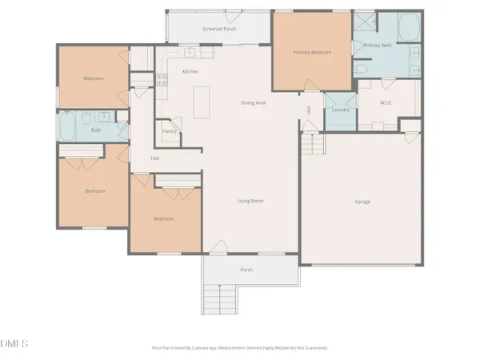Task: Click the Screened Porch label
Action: [x=218, y=28]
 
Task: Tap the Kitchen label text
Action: [x=190, y=72]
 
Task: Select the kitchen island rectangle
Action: [x=200, y=102]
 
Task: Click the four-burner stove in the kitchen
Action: [x=161, y=79]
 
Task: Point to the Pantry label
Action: [x=169, y=131]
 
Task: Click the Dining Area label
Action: [x=254, y=102]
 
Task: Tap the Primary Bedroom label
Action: [x=312, y=52]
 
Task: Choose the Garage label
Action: [x=362, y=202]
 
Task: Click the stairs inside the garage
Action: [x=314, y=146]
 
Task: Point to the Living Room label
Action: [x=250, y=201]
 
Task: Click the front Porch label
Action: [x=246, y=270]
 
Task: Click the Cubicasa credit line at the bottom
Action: [x=239, y=348]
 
